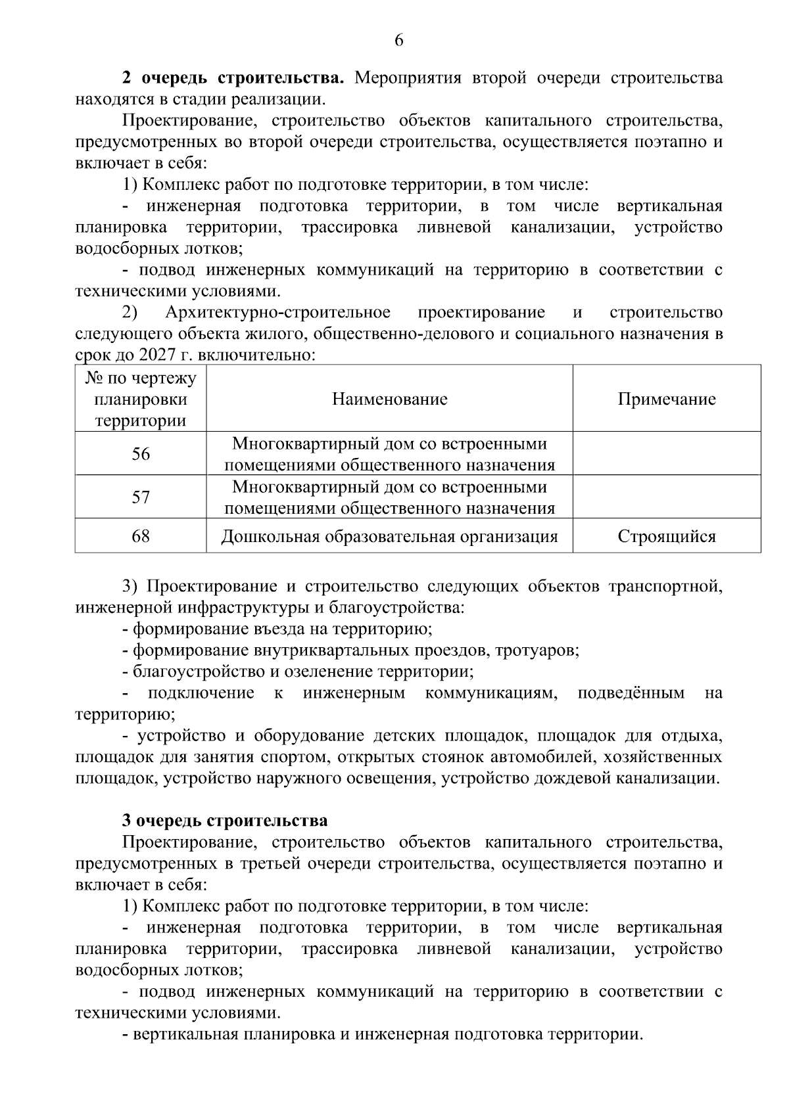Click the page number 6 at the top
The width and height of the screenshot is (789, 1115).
pos(398,40)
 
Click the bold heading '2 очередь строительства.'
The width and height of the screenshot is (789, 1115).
pos(233,78)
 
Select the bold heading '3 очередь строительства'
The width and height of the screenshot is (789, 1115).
pos(225,821)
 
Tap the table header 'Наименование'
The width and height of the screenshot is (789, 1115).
pos(389,399)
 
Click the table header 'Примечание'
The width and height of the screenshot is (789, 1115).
pos(666,399)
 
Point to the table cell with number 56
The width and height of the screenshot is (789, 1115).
pos(141,454)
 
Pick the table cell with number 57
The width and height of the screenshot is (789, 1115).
pos(141,497)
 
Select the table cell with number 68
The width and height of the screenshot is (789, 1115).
pos(141,536)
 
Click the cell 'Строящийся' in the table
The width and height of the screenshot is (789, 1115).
pos(666,536)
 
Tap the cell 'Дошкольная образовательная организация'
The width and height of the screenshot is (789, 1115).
pos(389,536)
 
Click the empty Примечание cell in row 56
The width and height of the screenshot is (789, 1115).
pos(666,454)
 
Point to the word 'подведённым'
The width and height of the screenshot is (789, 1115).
pos(631,693)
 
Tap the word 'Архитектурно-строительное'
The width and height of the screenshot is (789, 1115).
pos(277,312)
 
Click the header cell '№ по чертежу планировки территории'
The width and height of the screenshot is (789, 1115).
pos(141,399)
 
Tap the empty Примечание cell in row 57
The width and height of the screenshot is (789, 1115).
pos(666,497)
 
